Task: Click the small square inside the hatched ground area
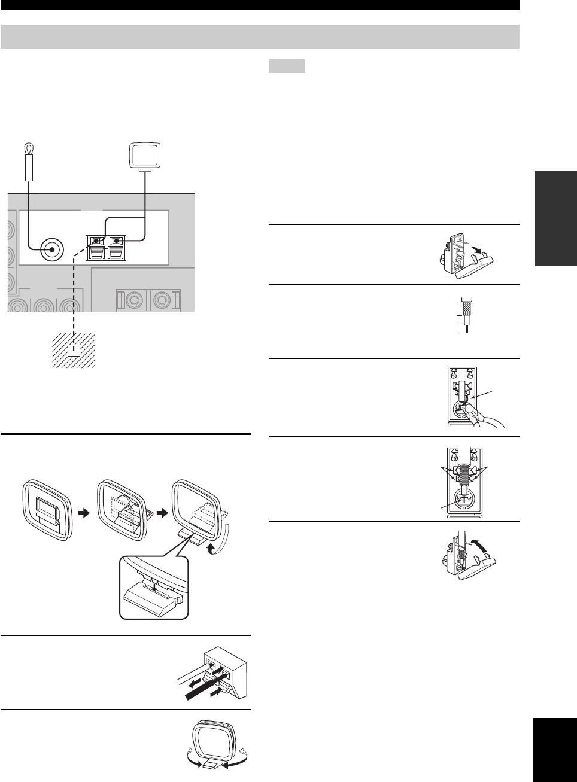tap(74, 349)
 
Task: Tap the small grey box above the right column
tap(287, 65)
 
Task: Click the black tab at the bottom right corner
tap(553, 750)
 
